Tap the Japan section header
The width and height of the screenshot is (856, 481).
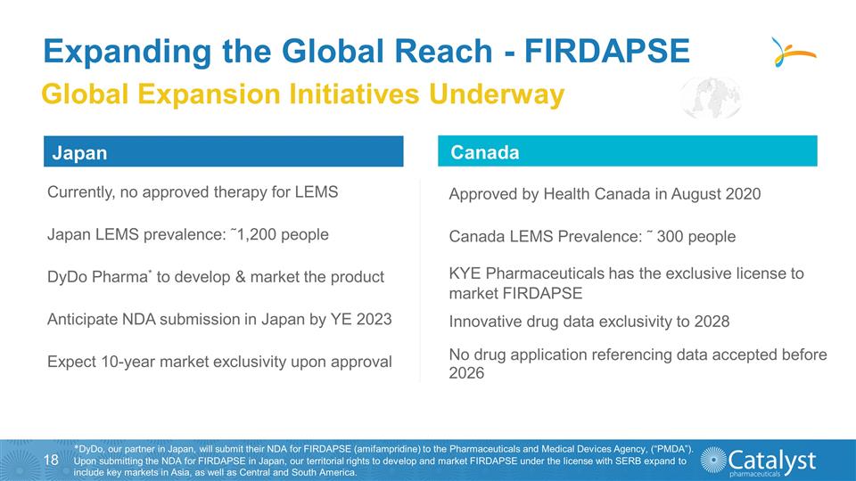79,153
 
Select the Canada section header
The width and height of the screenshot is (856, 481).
485,152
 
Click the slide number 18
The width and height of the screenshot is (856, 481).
51,460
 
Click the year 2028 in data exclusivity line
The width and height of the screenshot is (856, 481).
712,321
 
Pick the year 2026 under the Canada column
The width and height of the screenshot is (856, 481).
466,374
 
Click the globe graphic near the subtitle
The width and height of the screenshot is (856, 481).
711,98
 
